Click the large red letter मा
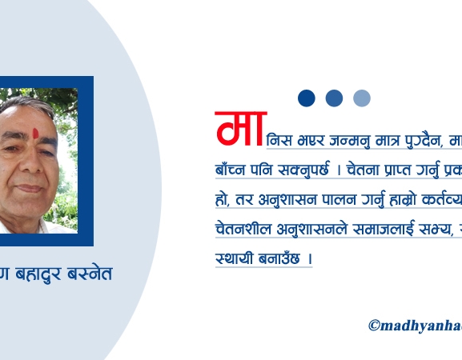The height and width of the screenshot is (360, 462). pos(239,129)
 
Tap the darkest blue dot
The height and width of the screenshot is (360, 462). pos(307,98)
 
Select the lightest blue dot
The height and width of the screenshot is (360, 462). pos(362,98)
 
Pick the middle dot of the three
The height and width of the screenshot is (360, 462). pos(334,98)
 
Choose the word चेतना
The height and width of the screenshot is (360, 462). pos(368,170)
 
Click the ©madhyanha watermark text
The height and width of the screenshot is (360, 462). pos(415,325)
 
